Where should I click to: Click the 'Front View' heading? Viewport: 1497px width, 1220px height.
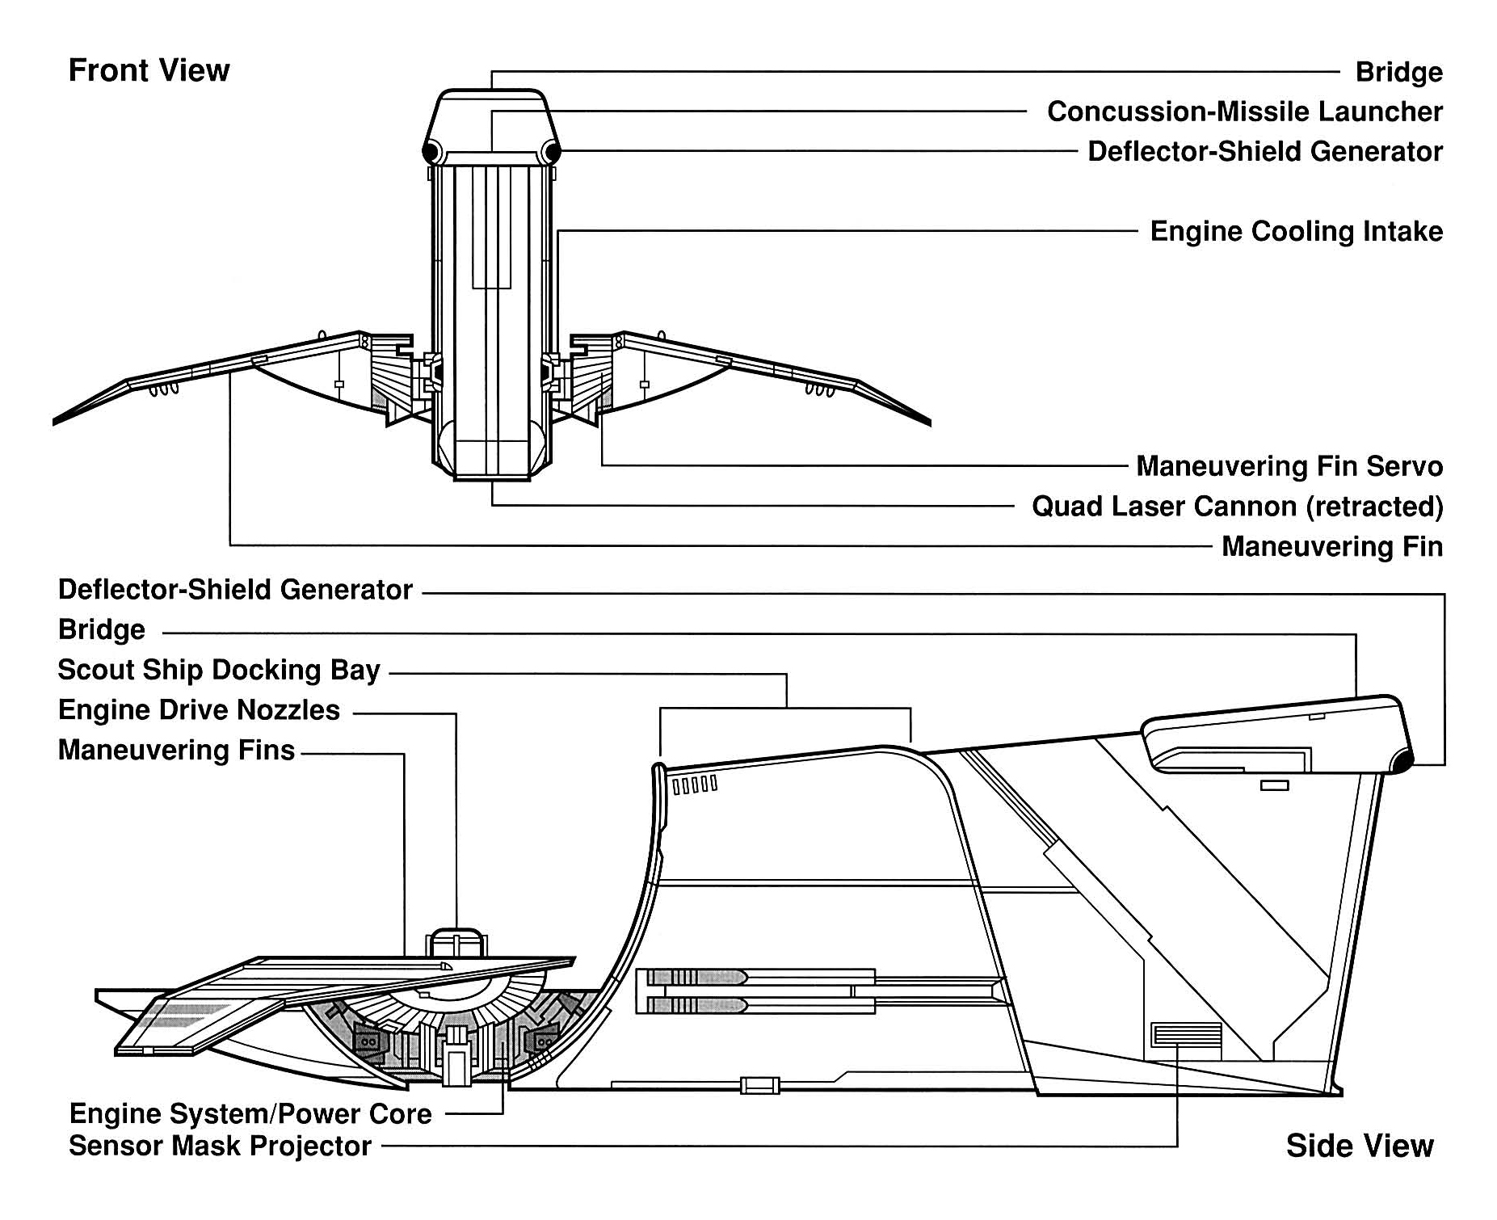click(149, 71)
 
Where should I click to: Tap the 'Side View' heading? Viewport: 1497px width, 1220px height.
click(1360, 1146)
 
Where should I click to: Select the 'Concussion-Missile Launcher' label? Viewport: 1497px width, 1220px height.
click(1244, 111)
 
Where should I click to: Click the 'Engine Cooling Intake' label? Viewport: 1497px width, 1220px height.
click(1296, 232)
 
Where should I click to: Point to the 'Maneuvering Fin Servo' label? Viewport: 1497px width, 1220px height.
click(1289, 466)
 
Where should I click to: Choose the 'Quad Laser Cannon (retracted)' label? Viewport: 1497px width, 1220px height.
click(1237, 507)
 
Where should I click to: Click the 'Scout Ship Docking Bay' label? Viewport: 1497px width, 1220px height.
click(219, 671)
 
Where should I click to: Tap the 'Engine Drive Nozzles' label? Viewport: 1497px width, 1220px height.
click(200, 710)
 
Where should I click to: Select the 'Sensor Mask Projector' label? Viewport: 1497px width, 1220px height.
click(220, 1146)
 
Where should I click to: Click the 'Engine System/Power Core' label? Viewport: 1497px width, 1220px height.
click(250, 1114)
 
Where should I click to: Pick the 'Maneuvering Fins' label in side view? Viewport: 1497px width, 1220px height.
click(176, 751)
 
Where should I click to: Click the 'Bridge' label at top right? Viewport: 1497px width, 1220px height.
click(1398, 72)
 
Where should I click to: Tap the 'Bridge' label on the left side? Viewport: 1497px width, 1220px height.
click(102, 630)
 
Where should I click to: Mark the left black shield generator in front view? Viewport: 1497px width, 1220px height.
click(431, 151)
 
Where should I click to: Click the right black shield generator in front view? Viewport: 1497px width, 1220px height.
click(553, 151)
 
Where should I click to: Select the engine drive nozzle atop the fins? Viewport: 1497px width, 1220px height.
click(456, 943)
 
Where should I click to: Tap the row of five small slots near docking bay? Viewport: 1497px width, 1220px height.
click(695, 784)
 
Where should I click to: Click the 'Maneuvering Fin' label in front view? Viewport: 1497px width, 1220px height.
click(1331, 547)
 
